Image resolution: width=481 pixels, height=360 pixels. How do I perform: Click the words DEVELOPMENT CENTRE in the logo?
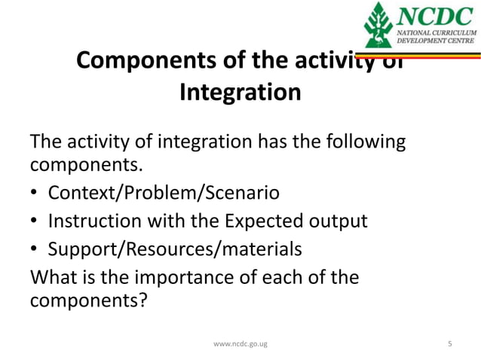tap(433, 42)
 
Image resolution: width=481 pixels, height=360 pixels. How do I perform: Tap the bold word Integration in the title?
tap(240, 93)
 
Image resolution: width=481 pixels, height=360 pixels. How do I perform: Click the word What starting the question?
tap(54, 278)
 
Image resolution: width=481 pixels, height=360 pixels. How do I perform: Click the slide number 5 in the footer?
tap(450, 344)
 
